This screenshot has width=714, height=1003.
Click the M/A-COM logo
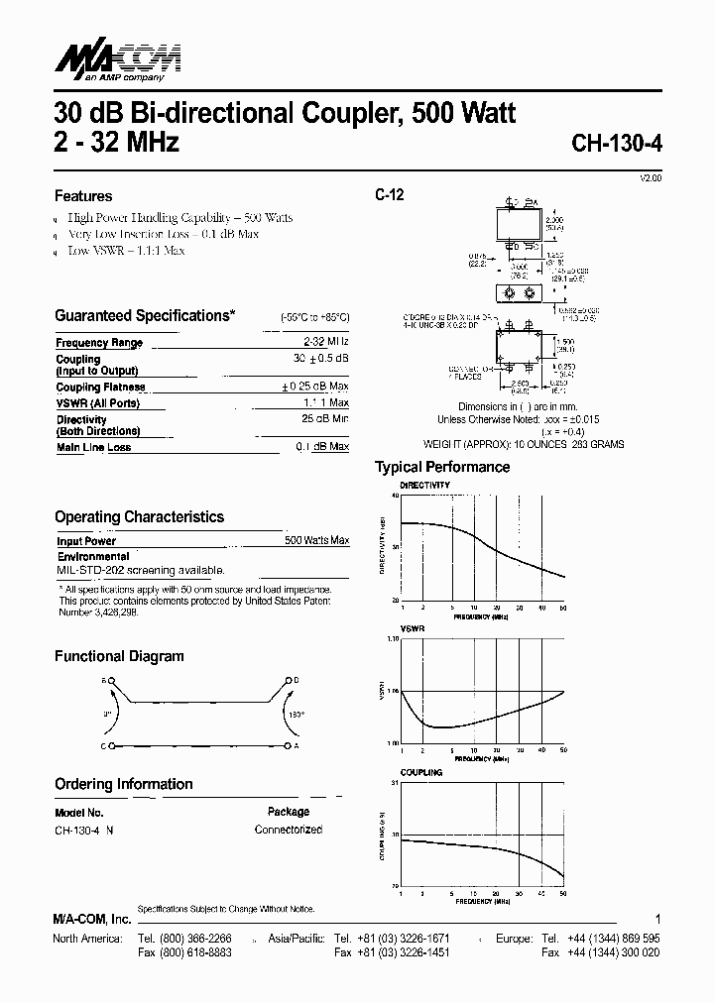click(x=117, y=62)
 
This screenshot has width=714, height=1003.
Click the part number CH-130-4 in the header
click(x=617, y=143)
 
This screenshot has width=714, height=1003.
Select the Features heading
click(x=83, y=196)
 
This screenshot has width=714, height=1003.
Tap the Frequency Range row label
click(x=99, y=343)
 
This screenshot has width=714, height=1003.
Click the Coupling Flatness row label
click(x=100, y=388)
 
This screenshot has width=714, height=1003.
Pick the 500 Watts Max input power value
click(x=316, y=541)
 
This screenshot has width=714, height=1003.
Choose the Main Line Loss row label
click(x=93, y=448)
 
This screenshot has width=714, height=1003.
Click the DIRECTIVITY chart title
click(x=424, y=486)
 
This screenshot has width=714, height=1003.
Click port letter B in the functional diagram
click(x=103, y=681)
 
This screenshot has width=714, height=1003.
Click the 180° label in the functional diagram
click(x=296, y=714)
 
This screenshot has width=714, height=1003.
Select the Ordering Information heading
click(x=124, y=784)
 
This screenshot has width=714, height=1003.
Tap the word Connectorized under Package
click(x=288, y=830)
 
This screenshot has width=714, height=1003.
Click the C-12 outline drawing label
click(x=389, y=196)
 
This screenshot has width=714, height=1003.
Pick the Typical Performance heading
click(x=441, y=467)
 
